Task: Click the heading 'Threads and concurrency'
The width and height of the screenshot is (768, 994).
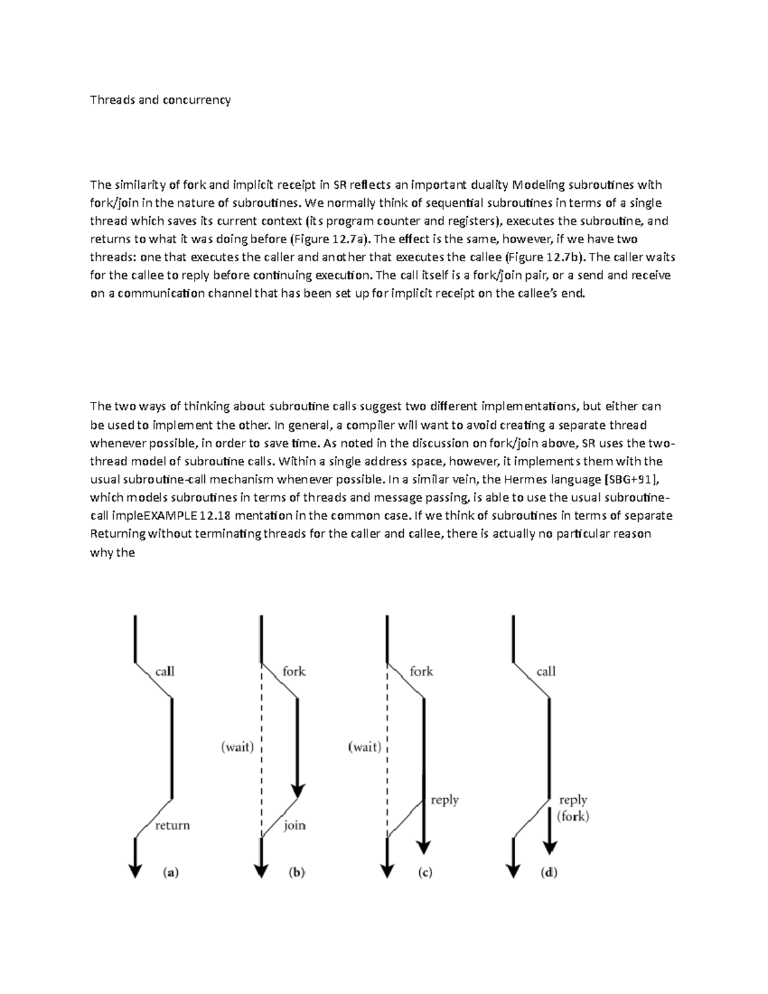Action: pos(160,100)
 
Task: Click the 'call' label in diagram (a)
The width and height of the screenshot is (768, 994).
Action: pos(164,671)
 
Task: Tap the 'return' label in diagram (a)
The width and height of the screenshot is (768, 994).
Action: pos(172,825)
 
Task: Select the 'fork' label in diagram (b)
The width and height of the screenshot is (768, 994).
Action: pos(294,671)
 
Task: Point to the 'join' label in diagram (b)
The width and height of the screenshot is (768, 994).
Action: pos(294,825)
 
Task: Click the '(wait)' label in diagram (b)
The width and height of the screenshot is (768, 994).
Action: pos(237,746)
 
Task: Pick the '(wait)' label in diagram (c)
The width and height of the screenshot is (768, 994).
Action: pos(365,746)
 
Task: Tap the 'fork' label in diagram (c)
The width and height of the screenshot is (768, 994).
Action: pos(421,671)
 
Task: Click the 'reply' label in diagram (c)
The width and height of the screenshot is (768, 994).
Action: pos(445,799)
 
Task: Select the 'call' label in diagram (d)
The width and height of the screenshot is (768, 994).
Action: pos(546,671)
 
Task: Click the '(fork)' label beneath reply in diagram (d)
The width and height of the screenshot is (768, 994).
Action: pos(573,816)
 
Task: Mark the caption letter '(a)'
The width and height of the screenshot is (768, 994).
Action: pos(170,872)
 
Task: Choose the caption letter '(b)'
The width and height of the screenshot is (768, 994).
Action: pos(296,872)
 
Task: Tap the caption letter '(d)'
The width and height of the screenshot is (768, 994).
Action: pos(548,872)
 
